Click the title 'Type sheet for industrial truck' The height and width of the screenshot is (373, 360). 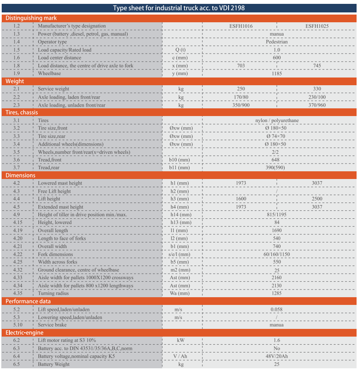179,8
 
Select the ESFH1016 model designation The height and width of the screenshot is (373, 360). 241,26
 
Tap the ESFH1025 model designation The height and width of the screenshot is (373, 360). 317,26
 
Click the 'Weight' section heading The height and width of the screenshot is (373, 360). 15,81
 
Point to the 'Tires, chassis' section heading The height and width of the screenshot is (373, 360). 21,113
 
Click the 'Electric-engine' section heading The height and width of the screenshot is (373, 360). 24,333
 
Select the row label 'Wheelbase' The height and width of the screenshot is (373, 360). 49,73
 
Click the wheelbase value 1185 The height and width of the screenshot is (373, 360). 277,73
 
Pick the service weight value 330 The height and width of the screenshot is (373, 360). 317,89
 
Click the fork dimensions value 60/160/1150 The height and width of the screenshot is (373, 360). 277,254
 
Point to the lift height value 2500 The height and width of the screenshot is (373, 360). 317,199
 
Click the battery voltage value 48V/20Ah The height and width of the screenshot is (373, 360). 277,356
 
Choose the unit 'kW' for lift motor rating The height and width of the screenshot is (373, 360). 181,340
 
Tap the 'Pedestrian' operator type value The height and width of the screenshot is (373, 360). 277,42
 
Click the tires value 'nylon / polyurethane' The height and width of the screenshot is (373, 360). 277,120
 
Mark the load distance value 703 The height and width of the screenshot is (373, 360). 241,66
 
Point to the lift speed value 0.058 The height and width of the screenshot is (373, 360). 277,309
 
